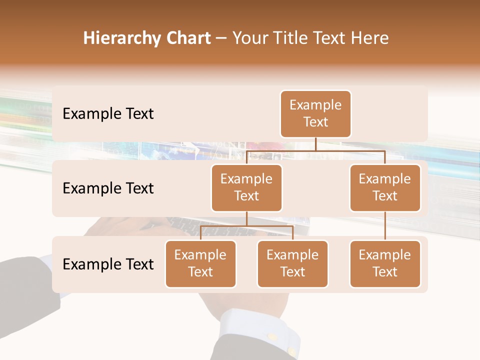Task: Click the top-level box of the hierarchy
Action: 315,114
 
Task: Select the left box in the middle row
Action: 246,188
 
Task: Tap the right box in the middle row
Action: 385,188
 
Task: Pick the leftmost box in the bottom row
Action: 200,264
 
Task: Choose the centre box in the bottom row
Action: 292,264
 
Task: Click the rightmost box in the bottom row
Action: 385,264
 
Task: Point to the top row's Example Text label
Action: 108,114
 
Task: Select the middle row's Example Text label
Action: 108,188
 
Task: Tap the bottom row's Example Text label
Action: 108,264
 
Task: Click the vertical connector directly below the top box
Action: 315,144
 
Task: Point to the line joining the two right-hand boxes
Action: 385,226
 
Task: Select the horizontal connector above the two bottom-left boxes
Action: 246,226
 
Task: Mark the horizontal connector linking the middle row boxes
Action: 315,150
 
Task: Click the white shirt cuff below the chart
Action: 255,330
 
